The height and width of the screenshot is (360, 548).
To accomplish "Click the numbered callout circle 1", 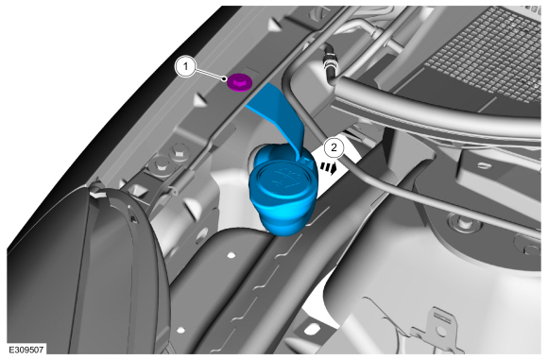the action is [x=185, y=66].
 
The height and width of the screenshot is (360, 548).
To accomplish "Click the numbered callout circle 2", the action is [x=334, y=147].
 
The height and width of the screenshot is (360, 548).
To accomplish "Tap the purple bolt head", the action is [x=239, y=83].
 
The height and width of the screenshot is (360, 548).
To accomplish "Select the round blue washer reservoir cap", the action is [x=283, y=180].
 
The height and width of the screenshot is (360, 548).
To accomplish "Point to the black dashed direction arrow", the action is [x=329, y=166].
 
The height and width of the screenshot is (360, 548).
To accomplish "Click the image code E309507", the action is [x=26, y=350].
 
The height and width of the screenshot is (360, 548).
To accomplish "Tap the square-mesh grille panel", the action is [x=486, y=56].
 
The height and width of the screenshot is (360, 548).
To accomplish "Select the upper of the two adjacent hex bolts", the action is [x=178, y=152].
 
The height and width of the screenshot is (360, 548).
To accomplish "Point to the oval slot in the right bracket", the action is [x=485, y=165].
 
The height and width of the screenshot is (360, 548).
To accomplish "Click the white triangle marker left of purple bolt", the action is [x=199, y=99].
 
